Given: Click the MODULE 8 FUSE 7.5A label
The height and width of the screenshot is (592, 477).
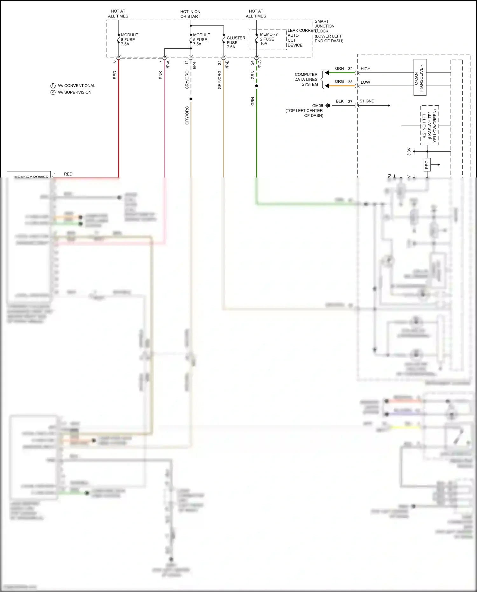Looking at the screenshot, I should [x=129, y=39].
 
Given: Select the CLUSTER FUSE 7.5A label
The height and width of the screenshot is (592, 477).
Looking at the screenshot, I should [x=235, y=42].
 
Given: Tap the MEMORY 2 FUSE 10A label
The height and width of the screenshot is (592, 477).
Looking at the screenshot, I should [x=268, y=39].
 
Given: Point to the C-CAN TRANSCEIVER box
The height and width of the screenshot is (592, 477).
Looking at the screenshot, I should [x=420, y=77].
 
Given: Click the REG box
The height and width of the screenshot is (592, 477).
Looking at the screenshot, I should [x=427, y=164].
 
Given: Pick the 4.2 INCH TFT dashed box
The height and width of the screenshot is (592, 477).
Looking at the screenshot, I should [x=430, y=125].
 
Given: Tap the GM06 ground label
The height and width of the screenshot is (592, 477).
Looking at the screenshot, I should [x=317, y=106].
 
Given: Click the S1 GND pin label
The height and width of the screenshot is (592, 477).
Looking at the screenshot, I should [x=367, y=101].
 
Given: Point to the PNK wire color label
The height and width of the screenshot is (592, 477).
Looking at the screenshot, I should [x=161, y=75].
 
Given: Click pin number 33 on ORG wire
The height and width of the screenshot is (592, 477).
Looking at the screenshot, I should [x=350, y=82].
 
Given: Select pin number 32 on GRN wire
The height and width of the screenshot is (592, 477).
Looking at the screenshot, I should [x=350, y=69].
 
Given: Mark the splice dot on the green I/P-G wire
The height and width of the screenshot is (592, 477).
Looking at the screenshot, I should [x=257, y=86].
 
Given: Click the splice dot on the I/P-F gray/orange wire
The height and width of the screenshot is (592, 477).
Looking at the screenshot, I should [x=191, y=99].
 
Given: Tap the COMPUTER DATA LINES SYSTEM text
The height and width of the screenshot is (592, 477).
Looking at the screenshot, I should [x=306, y=80].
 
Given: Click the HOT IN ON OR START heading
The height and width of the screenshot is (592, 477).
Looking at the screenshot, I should [x=190, y=14].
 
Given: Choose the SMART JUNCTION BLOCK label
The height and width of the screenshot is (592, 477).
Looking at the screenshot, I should [x=328, y=31].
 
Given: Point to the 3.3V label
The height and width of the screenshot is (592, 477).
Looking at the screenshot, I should [x=409, y=151].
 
